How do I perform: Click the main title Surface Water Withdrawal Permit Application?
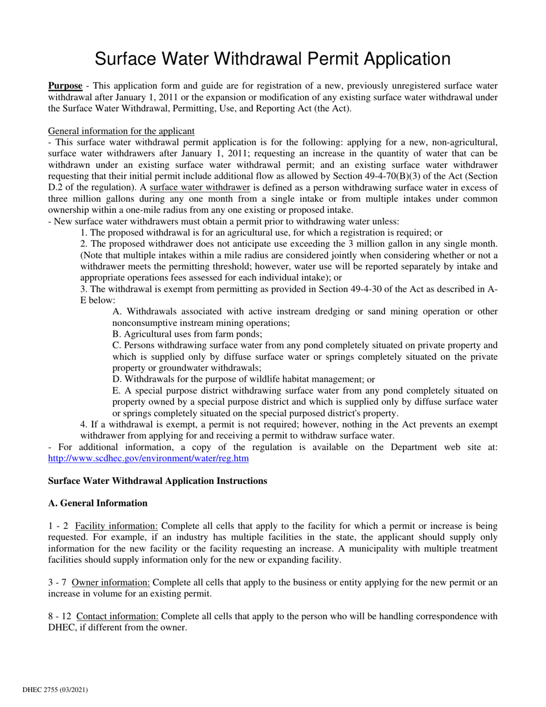tap(272, 59)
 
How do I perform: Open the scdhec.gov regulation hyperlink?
tap(148, 458)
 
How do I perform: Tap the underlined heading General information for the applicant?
tap(121, 131)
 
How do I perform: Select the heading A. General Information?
tap(98, 503)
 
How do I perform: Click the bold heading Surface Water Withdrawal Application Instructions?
tap(157, 481)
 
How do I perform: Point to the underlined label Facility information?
tap(117, 526)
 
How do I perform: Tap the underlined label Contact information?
tap(117, 616)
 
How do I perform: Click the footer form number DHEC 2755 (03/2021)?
tap(55, 689)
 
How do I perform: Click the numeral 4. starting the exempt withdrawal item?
tap(84, 424)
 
